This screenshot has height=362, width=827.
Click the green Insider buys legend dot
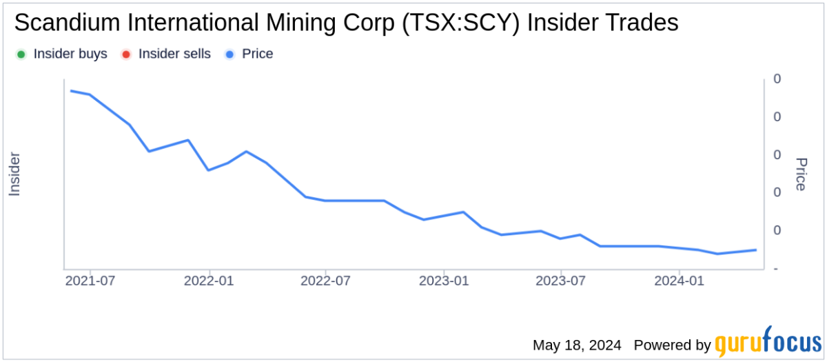pos(21,54)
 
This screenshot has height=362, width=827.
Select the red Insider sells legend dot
pos(126,54)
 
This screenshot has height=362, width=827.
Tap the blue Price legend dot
pos(229,54)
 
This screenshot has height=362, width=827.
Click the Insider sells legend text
pos(174,54)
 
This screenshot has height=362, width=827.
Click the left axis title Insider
pos(14,174)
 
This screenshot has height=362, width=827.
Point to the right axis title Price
pos(801,174)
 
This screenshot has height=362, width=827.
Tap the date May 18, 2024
pos(577,344)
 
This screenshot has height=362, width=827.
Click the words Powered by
pos(672,344)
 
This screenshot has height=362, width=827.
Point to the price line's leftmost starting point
pos(72,91)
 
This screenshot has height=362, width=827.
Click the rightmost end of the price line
pos(756,250)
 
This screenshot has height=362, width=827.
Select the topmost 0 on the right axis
pos(777,79)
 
